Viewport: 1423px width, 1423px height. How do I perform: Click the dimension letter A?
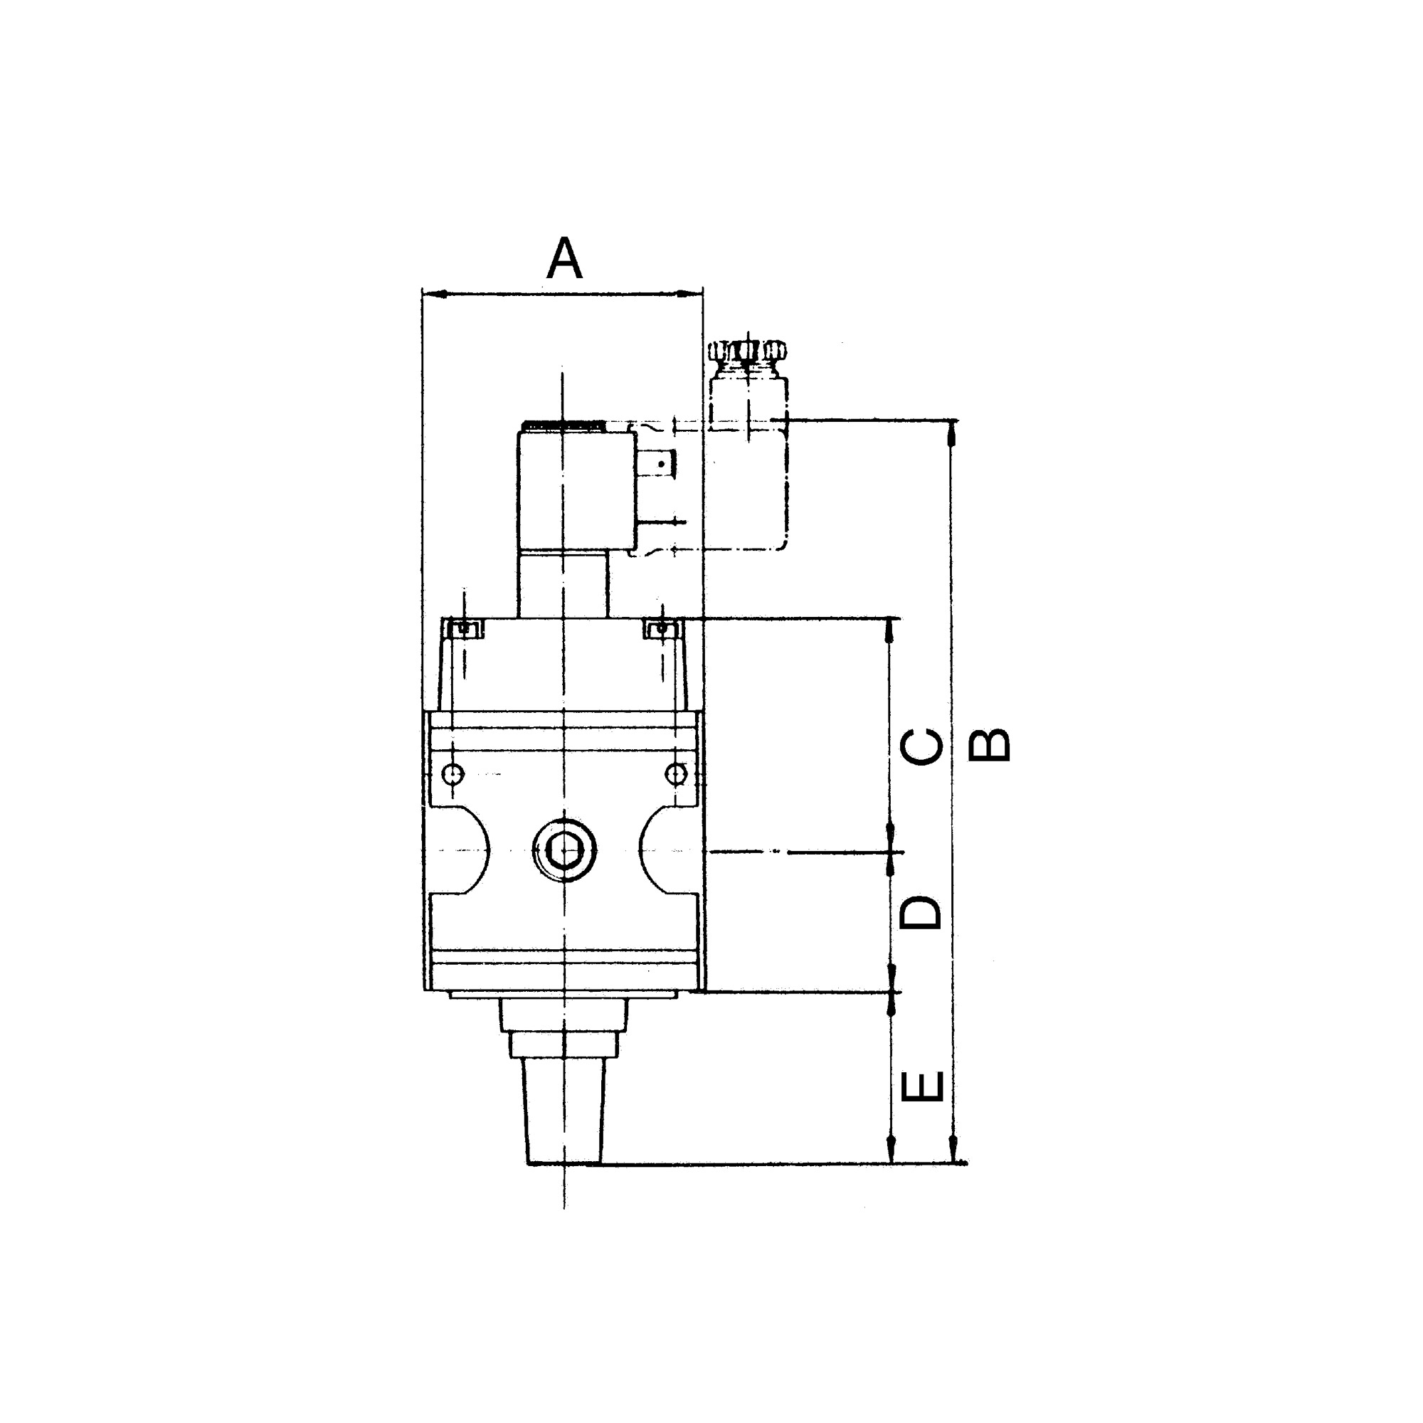click(564, 259)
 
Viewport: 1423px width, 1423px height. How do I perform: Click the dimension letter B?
click(988, 745)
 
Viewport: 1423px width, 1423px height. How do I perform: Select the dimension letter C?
click(921, 747)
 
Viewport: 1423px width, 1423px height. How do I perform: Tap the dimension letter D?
click(921, 914)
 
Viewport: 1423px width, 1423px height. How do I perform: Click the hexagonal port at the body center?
click(564, 851)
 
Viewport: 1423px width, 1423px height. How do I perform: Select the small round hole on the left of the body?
click(453, 774)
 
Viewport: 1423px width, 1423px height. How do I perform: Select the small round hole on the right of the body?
click(675, 774)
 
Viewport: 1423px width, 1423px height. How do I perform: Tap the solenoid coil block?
click(577, 490)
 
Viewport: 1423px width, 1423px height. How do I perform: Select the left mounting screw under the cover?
click(463, 629)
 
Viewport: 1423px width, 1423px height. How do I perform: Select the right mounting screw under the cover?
click(662, 629)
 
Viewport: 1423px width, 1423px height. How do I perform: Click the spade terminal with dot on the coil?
click(661, 464)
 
